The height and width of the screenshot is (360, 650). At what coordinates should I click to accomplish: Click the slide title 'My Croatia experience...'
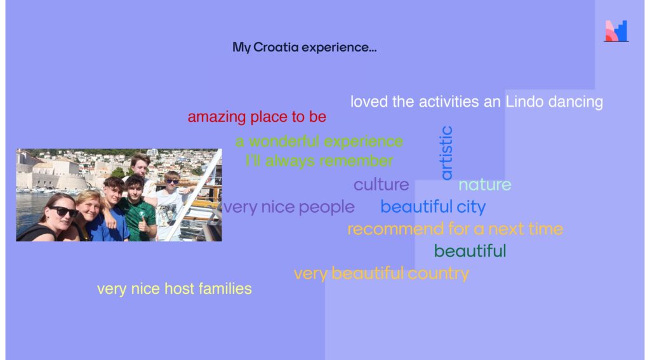304,47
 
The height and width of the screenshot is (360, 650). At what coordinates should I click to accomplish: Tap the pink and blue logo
616,31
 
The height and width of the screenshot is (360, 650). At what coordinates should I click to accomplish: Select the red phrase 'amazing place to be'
257,117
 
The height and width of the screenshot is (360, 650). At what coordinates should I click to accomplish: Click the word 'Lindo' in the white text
524,102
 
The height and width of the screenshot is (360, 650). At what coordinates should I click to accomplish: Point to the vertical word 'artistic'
446,153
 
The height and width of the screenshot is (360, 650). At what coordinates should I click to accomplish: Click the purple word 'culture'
381,185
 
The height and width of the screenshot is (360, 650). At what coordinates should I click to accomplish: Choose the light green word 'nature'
484,185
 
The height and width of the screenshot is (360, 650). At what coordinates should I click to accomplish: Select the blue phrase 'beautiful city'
433,206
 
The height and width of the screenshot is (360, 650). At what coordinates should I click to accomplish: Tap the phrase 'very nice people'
289,206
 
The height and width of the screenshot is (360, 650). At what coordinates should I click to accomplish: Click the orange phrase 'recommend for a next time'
455,229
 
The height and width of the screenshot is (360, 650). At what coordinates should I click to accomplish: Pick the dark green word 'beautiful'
470,251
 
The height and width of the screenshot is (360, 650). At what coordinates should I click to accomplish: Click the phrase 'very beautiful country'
381,273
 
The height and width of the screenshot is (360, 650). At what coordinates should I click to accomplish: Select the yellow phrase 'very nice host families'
175,289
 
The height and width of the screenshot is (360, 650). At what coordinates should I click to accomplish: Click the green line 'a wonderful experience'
319,142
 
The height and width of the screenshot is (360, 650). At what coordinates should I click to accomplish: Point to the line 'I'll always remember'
319,161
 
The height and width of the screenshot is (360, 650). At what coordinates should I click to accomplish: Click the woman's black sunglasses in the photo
63,211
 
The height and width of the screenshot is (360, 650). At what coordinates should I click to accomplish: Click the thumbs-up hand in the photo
143,224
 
